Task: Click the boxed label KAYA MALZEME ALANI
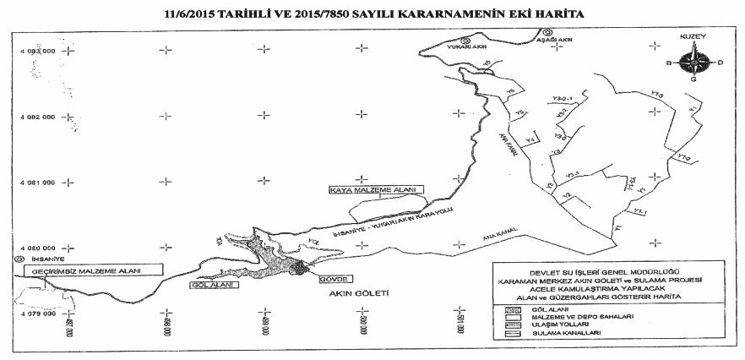pos(378,192)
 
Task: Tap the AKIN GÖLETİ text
pos(363,297)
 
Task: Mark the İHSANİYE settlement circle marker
pos(8,259)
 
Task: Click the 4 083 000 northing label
pos(37,51)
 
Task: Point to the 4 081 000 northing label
pos(37,182)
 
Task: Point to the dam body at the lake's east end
pos(299,267)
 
